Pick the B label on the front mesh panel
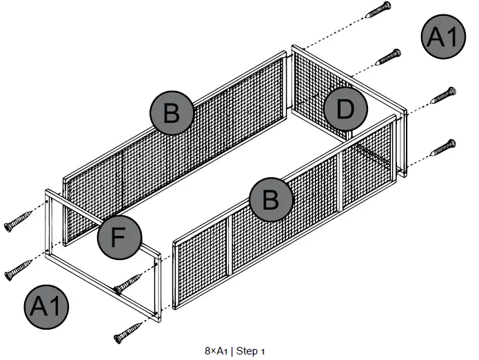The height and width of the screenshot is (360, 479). click(x=269, y=199)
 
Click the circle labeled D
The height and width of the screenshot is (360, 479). click(x=345, y=109)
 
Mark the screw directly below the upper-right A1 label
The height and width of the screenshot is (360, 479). click(x=442, y=96)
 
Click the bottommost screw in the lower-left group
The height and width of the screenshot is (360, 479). click(x=129, y=334)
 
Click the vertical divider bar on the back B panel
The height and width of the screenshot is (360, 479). click(x=123, y=163)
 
